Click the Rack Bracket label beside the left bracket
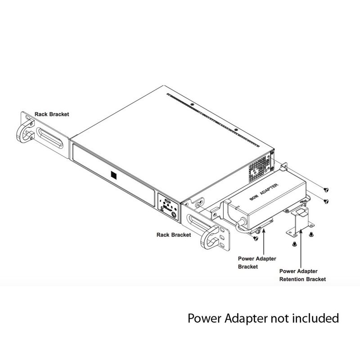pyautogui.click(x=52, y=114)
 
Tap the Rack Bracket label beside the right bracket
pyautogui.click(x=174, y=235)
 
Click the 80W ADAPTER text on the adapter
pyautogui.click(x=264, y=192)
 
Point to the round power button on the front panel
pyautogui.click(x=174, y=215)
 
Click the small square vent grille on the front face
pyautogui.click(x=114, y=175)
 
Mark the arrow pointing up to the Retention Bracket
pyautogui.click(x=301, y=249)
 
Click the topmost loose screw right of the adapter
pyautogui.click(x=326, y=190)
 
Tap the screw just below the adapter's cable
pyautogui.click(x=256, y=238)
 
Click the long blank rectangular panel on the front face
pyautogui.click(x=114, y=175)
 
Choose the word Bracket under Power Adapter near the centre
pyautogui.click(x=248, y=267)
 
